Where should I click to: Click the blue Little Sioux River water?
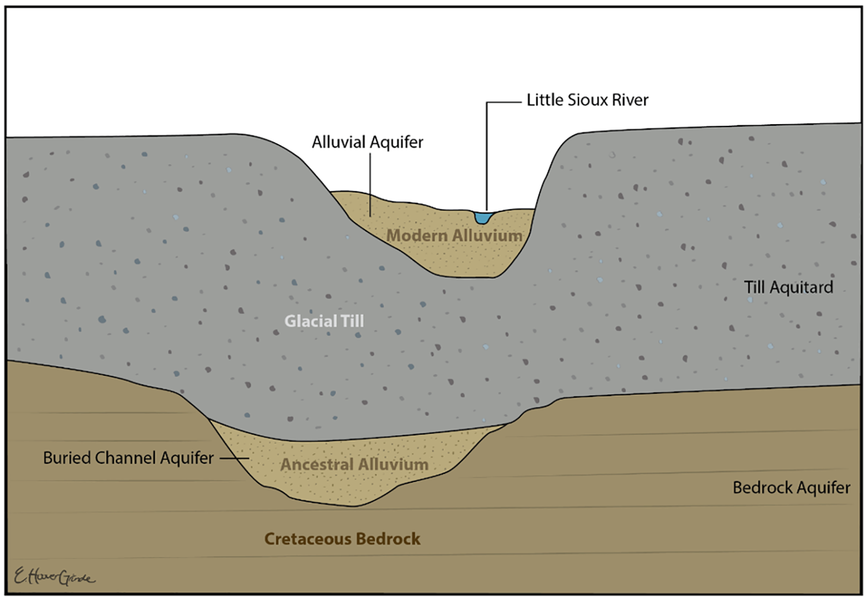tap(483, 217)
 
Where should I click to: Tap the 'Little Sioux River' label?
tap(587, 100)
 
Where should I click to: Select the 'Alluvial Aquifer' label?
tap(367, 142)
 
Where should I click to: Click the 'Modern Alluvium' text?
tap(454, 236)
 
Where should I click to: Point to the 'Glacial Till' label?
tap(324, 321)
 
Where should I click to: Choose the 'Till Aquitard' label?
tap(788, 287)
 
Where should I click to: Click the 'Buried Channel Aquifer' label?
tap(128, 458)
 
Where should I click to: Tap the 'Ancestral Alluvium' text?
tap(354, 464)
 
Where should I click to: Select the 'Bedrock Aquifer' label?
tap(791, 488)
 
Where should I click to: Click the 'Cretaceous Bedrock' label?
tap(342, 539)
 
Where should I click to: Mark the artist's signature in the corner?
tap(54, 576)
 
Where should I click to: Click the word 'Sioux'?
tap(588, 100)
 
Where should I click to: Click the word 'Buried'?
tap(67, 458)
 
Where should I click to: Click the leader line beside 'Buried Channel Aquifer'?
tap(233, 458)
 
